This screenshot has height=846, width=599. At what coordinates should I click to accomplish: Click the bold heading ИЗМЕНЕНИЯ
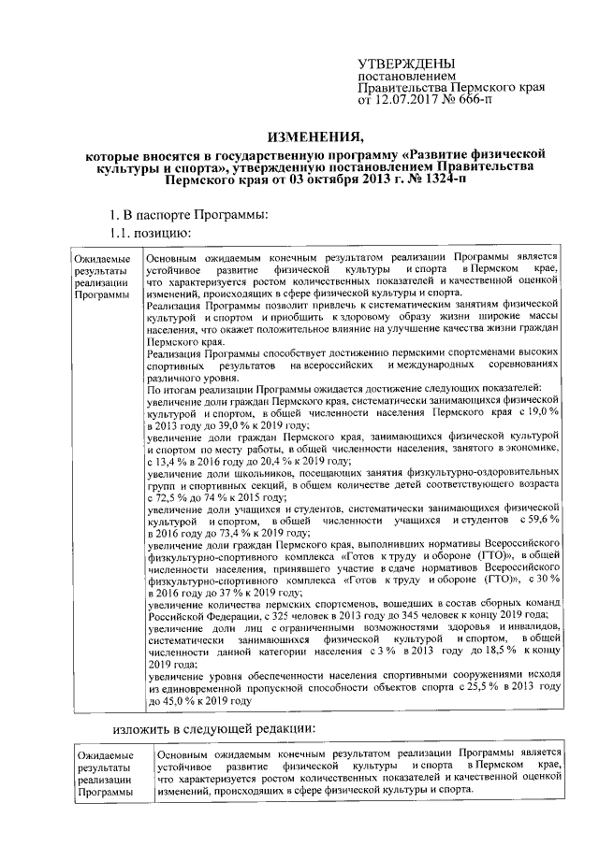click(x=309, y=136)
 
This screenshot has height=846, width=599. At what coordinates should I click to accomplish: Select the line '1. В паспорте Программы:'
click(x=189, y=215)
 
